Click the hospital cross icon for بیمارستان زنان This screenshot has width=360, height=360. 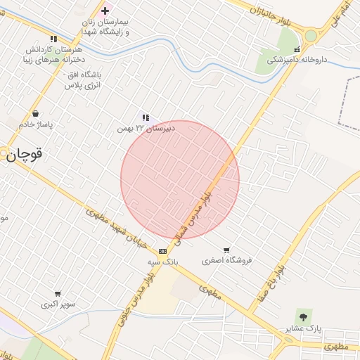(x=105, y=11)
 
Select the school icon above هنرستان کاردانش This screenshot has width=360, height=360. (x=53, y=39)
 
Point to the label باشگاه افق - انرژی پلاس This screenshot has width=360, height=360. (x=84, y=79)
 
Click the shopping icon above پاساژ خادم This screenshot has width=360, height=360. (x=35, y=114)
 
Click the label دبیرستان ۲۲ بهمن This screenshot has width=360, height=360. (x=146, y=129)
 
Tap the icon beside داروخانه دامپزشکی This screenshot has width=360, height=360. (x=297, y=50)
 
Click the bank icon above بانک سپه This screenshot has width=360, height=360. (x=163, y=251)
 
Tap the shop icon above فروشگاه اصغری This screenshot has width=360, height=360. (x=226, y=250)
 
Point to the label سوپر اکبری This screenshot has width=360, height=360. (x=58, y=304)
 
